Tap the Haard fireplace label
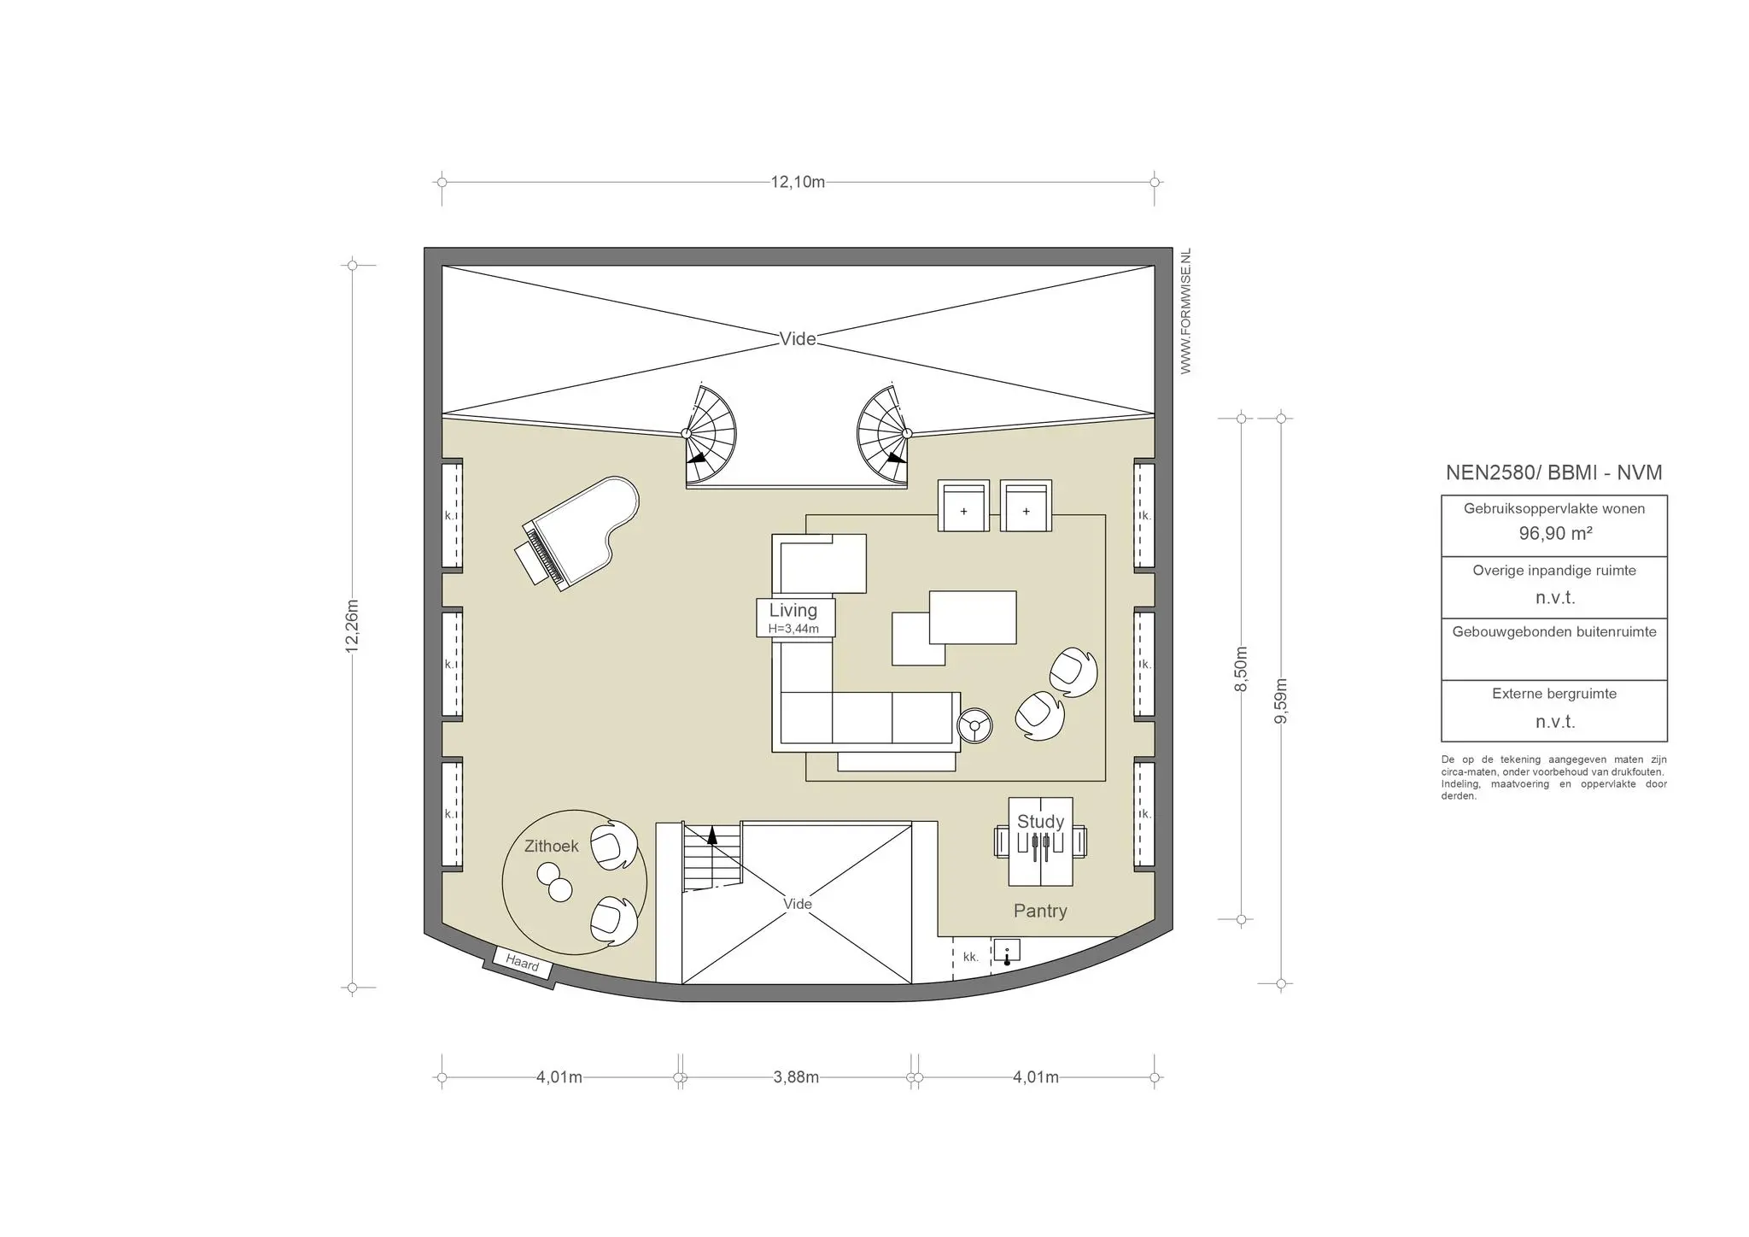(x=522, y=964)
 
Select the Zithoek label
(x=551, y=846)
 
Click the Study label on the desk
(x=1040, y=822)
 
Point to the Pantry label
(x=1040, y=911)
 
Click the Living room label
(x=793, y=610)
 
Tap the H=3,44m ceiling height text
(x=793, y=629)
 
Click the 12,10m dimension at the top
(x=798, y=182)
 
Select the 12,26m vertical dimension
(x=352, y=626)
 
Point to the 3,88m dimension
(x=796, y=1077)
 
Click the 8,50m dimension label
(x=1241, y=669)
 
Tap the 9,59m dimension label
(x=1280, y=701)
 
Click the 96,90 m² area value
(x=1555, y=534)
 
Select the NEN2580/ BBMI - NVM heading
(x=1553, y=472)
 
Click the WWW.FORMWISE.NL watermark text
(x=1185, y=311)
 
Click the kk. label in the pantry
(x=970, y=957)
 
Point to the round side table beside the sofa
(x=974, y=726)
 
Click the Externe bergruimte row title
(x=1554, y=694)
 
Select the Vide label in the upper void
(x=798, y=339)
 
